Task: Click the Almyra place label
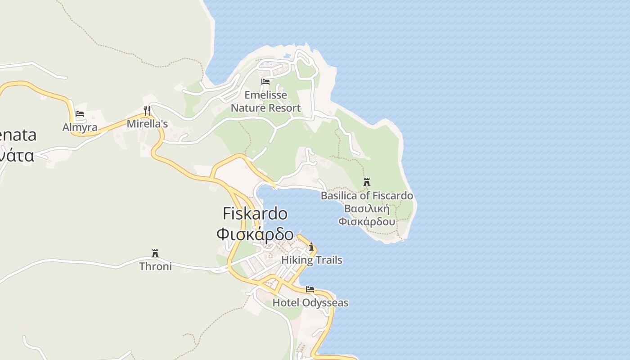tap(80, 127)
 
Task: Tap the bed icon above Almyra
tap(80, 114)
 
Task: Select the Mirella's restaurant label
tap(147, 124)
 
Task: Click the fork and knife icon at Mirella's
tap(147, 110)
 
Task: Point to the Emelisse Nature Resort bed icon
tap(265, 81)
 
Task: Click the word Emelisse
tap(265, 95)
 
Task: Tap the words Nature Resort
tap(265, 108)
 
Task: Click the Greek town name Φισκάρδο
tap(255, 234)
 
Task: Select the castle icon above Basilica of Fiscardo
tap(367, 182)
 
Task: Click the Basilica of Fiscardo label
tap(367, 196)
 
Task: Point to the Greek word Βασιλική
tap(367, 209)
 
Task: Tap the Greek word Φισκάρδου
tap(367, 222)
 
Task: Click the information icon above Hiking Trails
tap(311, 247)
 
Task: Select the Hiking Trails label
tap(311, 260)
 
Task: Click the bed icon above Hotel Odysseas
tap(310, 289)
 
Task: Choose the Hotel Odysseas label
tap(310, 303)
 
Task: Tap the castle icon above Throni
tap(155, 253)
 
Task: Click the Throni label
tap(155, 266)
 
